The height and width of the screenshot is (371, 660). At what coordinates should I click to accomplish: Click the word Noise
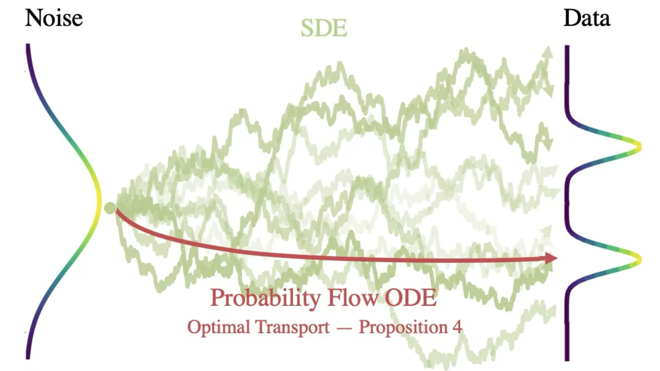pyautogui.click(x=54, y=18)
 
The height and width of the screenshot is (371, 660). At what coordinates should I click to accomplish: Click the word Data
pyautogui.click(x=586, y=18)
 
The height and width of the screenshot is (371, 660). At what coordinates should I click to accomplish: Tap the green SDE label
pyautogui.click(x=324, y=28)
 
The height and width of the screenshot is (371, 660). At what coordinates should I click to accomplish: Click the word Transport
pyautogui.click(x=293, y=327)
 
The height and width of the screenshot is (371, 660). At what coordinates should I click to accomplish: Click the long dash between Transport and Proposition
pyautogui.click(x=344, y=328)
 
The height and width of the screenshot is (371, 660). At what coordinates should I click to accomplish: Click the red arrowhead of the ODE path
pyautogui.click(x=550, y=258)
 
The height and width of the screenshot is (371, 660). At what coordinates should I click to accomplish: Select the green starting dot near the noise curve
pyautogui.click(x=110, y=208)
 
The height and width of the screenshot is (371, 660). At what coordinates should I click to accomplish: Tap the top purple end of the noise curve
pyautogui.click(x=28, y=45)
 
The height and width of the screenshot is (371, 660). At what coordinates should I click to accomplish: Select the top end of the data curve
pyautogui.click(x=567, y=46)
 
